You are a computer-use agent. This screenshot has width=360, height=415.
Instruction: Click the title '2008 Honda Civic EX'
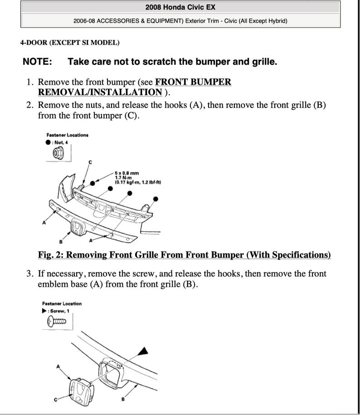180,7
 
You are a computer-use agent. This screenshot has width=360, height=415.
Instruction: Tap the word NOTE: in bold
37,62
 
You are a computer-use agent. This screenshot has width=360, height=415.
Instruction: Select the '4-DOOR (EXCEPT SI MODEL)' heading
70,43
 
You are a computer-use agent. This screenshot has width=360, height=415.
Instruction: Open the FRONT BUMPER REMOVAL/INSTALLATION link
134,87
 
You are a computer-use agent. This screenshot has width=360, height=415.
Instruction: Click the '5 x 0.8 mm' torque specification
126,173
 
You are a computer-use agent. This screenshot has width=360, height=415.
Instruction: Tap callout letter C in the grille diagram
89,162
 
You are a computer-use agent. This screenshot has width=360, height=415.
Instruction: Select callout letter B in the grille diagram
60,241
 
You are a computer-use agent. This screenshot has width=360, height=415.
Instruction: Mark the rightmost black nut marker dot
156,198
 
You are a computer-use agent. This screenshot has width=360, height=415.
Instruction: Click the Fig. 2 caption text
184,255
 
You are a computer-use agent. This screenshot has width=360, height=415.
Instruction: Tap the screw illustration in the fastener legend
57,322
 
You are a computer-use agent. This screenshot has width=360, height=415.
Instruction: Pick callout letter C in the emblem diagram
56,399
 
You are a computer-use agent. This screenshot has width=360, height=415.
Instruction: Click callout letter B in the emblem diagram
123,399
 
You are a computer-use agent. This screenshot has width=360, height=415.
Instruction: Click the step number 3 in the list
29,274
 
